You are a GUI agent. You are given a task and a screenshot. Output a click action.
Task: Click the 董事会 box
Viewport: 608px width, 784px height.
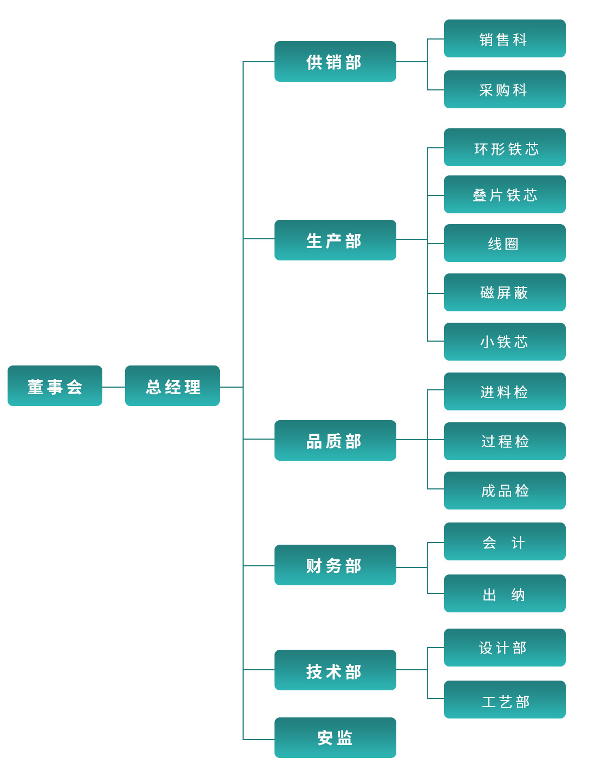(55, 386)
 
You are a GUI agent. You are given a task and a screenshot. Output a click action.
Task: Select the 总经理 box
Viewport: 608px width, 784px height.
(172, 386)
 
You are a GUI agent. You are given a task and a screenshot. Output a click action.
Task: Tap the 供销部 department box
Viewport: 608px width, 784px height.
(335, 62)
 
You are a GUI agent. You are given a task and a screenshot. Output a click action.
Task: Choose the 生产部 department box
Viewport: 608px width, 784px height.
(335, 240)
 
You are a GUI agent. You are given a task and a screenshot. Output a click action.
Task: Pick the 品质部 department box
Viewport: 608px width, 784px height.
(335, 441)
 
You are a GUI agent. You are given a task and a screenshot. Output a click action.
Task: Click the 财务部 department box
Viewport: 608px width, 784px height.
(335, 565)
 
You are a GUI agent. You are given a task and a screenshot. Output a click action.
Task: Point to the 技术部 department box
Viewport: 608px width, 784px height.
(335, 670)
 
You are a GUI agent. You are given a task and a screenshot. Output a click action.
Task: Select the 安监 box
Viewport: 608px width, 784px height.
(335, 738)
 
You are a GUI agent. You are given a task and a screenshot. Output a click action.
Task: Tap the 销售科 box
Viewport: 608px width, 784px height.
(505, 39)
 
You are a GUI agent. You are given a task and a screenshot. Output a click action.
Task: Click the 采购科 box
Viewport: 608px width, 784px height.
(505, 90)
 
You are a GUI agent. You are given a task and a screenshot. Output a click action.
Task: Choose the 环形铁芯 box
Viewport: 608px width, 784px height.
(505, 148)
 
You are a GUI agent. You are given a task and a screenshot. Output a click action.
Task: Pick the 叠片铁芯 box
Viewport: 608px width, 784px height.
(505, 195)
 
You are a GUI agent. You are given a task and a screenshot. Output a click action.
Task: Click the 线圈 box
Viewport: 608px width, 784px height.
(505, 244)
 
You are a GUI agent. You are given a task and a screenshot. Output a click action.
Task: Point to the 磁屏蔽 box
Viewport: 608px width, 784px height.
(505, 293)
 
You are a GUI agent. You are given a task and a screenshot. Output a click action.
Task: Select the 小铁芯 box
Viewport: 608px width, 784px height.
(505, 342)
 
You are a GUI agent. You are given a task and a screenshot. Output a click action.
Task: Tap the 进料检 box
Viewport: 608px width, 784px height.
(505, 392)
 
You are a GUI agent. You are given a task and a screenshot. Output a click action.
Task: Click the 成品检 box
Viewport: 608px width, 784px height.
(505, 491)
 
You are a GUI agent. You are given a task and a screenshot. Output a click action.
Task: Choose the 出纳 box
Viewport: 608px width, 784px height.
(505, 594)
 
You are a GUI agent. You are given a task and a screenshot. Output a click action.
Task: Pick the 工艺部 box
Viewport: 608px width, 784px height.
(505, 700)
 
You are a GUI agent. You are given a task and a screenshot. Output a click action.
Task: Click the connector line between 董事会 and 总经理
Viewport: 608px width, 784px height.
(114, 387)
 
